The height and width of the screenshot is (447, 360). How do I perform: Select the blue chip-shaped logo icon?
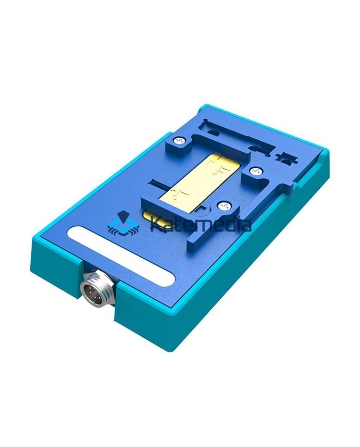[x=121, y=224]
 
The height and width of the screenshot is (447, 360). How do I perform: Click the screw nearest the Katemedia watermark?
[x=223, y=205]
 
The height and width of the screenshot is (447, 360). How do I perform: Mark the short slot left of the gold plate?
[x=160, y=182]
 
